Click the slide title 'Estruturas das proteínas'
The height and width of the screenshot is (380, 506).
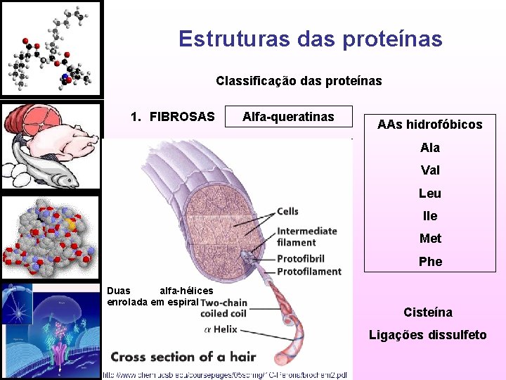[x=310, y=38]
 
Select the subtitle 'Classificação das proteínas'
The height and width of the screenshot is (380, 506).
[x=299, y=81]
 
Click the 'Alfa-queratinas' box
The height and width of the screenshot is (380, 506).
[x=288, y=117]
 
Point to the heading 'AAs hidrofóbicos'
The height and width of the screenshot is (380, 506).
[x=429, y=125]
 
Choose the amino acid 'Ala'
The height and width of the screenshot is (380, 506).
[x=430, y=148]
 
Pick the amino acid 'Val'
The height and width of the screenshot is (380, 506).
[x=430, y=170]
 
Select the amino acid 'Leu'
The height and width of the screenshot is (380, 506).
[x=430, y=194]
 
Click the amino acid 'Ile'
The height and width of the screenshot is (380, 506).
[x=430, y=216]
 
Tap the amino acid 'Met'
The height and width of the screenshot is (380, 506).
[x=430, y=239]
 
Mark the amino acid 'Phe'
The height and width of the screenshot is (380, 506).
[x=430, y=262]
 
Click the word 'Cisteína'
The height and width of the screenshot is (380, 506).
[x=428, y=312]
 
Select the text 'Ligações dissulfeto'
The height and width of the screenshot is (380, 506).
[x=428, y=335]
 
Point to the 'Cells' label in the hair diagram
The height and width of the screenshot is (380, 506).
[x=287, y=211]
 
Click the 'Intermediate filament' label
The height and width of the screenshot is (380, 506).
[x=306, y=236]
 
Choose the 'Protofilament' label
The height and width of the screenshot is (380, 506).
[x=309, y=272]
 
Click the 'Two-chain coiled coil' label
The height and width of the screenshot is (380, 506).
[x=223, y=308]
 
